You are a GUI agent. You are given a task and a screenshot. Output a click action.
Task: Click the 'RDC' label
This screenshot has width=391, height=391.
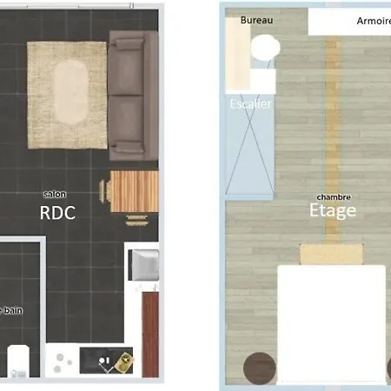tap(57, 212)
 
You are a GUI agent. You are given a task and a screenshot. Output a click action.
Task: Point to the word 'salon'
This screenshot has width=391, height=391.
tap(55, 195)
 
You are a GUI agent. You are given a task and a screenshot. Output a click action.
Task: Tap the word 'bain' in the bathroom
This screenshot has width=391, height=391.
tap(13, 309)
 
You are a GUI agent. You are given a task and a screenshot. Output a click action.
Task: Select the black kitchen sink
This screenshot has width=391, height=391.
tap(106, 361)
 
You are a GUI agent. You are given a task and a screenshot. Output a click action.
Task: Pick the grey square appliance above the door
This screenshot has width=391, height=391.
tap(144, 264)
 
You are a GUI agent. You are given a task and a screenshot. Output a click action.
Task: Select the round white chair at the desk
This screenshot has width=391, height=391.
tap(265, 50)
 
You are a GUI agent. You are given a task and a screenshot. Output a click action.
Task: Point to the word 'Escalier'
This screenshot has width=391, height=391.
tap(251, 104)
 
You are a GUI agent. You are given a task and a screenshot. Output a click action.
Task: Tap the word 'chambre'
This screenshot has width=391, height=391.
tap(334, 196)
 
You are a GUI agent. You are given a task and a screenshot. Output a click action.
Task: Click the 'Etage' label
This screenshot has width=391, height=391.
tap(333, 211)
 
